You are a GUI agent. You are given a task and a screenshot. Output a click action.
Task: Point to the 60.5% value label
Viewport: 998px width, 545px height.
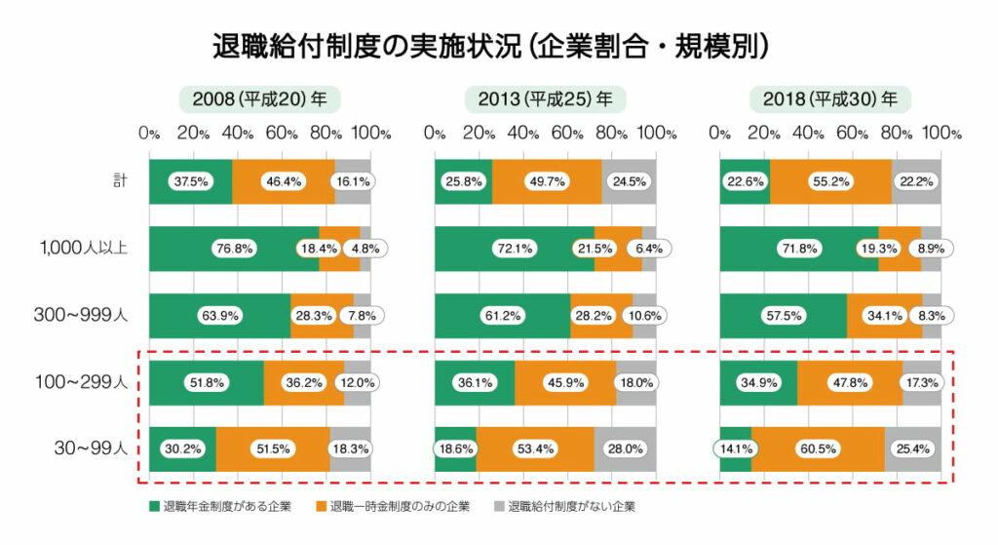tap(818, 449)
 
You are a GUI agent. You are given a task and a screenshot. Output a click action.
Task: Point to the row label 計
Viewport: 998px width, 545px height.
tap(119, 181)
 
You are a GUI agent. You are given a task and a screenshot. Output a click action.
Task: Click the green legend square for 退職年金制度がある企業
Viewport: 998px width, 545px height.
tap(153, 507)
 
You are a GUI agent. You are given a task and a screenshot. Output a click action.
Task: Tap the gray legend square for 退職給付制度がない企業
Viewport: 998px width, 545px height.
tap(498, 507)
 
